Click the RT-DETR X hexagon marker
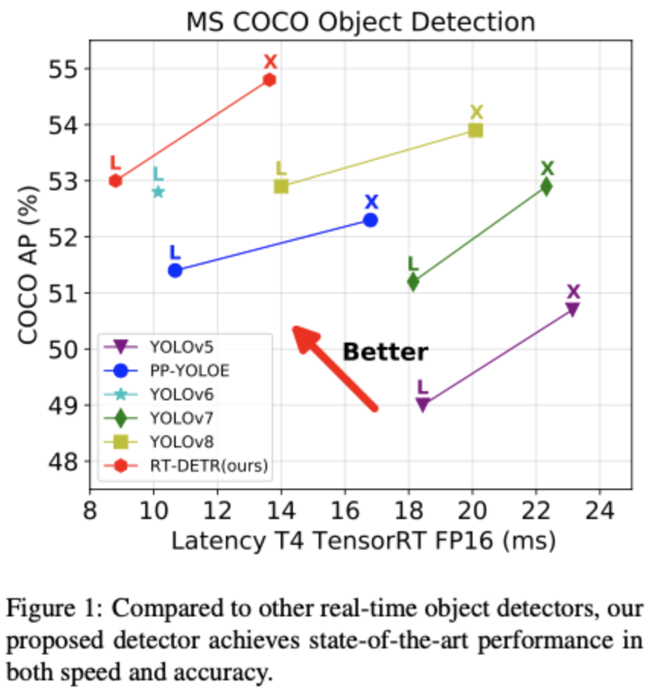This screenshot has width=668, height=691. [269, 80]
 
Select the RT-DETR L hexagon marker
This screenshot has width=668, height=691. [116, 180]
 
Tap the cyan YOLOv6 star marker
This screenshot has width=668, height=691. [158, 192]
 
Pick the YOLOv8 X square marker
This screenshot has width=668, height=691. [476, 129]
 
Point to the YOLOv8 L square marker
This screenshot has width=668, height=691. [281, 186]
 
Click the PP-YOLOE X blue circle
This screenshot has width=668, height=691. [371, 220]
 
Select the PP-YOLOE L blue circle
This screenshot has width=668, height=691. [175, 270]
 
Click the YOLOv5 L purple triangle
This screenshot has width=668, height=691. [422, 404]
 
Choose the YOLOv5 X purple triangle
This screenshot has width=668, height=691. [572, 308]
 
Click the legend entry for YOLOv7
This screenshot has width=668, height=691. [181, 418]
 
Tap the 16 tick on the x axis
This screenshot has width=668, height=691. [345, 506]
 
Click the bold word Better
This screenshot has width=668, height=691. [385, 352]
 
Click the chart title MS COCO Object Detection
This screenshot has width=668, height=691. [361, 21]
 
